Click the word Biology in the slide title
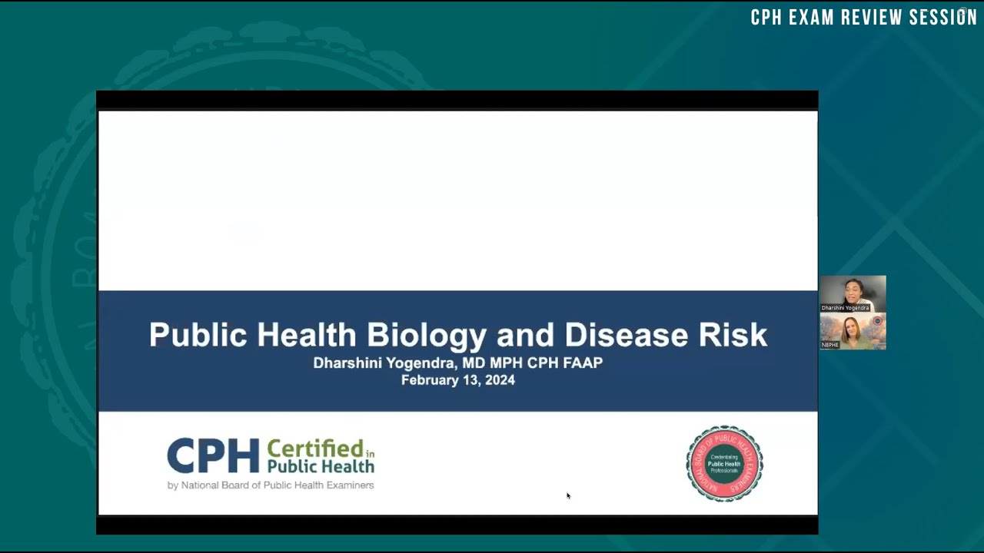click(x=426, y=336)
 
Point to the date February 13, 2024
click(x=457, y=380)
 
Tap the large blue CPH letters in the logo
click(x=213, y=456)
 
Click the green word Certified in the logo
click(x=315, y=449)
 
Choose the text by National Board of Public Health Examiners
click(x=271, y=485)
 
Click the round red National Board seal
click(x=724, y=464)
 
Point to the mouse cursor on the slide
click(x=568, y=495)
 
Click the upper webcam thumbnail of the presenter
click(x=853, y=293)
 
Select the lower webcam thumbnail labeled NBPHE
click(x=853, y=331)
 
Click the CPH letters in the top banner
click(x=766, y=18)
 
